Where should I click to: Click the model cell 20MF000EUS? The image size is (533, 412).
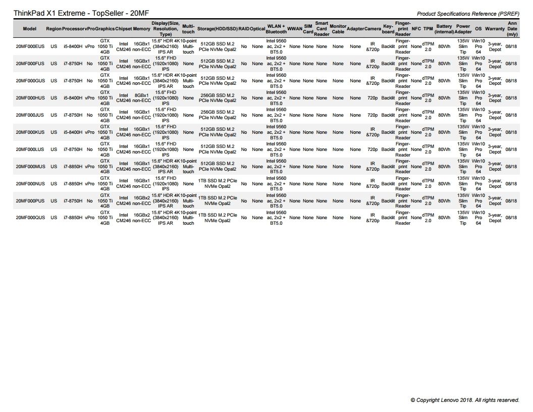point(30,46)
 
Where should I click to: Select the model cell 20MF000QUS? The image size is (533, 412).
point(30,218)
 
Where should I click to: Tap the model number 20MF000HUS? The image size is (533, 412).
point(30,98)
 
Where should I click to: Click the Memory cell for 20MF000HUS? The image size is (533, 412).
point(141,98)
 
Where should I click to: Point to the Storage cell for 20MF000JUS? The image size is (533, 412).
point(217,115)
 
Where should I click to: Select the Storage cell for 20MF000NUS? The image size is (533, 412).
point(217,184)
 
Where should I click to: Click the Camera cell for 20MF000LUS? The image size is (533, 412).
point(372,149)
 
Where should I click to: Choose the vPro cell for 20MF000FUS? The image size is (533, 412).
point(89,64)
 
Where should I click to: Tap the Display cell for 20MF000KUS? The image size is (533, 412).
point(166,132)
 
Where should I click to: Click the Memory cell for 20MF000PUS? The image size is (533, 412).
point(141,201)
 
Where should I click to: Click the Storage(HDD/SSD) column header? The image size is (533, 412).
point(217,29)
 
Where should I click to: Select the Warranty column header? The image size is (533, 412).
point(495,29)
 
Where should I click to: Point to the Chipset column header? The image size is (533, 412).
point(124,29)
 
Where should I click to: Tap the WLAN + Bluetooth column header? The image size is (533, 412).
point(276,29)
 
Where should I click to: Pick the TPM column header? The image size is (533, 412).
point(428,29)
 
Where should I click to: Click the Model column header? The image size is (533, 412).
point(30,29)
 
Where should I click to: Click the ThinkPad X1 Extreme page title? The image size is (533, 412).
point(81,13)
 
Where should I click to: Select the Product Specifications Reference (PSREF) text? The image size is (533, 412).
point(468,14)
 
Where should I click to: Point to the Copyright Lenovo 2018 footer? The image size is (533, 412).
point(465,400)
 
